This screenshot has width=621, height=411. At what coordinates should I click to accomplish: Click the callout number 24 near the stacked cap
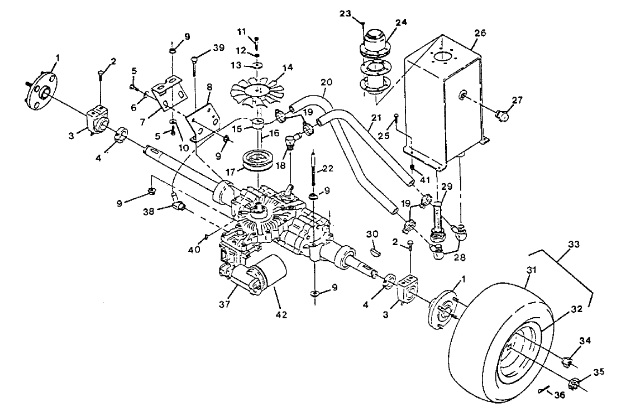pyautogui.click(x=402, y=23)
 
